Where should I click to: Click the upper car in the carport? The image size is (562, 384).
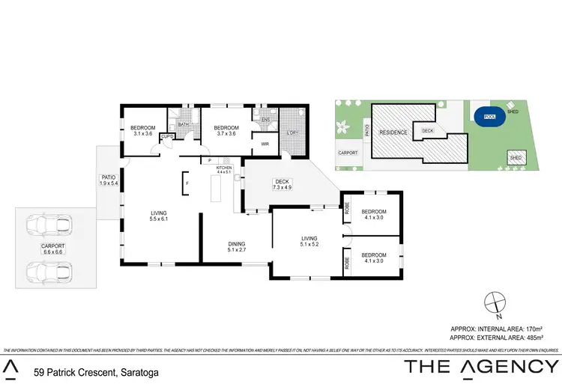point(46,224)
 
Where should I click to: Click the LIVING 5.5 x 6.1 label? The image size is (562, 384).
point(158,215)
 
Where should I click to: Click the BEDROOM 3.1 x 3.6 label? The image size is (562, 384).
point(142,131)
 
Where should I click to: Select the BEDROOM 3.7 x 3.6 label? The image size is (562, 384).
point(226,131)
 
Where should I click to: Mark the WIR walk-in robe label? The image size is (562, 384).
point(265,144)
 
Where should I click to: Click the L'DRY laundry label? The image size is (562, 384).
point(292,133)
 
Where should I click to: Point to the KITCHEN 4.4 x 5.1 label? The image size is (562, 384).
point(224,170)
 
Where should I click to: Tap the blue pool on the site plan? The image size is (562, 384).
point(489,118)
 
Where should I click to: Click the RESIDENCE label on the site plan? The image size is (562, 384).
point(393,132)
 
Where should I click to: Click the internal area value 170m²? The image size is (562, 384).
point(531,328)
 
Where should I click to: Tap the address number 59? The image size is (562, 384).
point(40,370)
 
